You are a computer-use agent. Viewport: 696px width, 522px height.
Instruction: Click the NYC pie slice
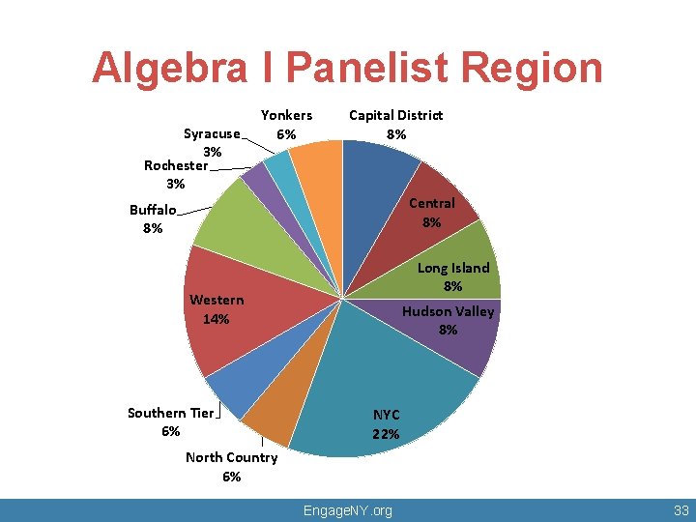(x=387, y=387)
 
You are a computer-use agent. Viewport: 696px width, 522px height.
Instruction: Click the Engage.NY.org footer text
(x=347, y=510)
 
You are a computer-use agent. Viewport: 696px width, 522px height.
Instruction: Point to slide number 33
(x=680, y=510)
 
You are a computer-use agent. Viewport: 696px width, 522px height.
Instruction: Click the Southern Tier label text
(x=170, y=413)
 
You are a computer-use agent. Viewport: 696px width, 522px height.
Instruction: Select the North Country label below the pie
(x=231, y=457)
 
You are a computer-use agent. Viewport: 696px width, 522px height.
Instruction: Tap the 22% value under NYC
(x=386, y=434)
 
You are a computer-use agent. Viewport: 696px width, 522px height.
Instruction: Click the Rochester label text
(x=175, y=165)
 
